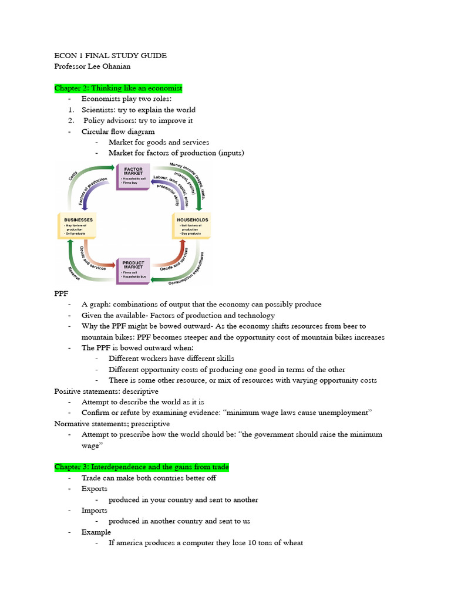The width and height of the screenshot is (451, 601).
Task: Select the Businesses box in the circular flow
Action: pyautogui.click(x=76, y=226)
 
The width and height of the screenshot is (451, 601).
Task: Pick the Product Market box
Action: pyautogui.click(x=134, y=271)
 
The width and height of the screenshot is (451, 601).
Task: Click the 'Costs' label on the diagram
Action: pyautogui.click(x=73, y=175)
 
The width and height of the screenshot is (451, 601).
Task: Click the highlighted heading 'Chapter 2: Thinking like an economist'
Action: pyautogui.click(x=119, y=88)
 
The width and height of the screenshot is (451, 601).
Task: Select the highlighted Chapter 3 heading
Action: pyautogui.click(x=142, y=467)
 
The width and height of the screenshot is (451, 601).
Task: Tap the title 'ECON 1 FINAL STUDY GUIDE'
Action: pyautogui.click(x=110, y=56)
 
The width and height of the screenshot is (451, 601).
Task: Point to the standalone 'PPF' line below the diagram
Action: pyautogui.click(x=62, y=294)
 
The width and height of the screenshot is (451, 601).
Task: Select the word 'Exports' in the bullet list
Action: pyautogui.click(x=95, y=489)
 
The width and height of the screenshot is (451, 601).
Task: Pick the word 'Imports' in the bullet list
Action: pyautogui.click(x=95, y=511)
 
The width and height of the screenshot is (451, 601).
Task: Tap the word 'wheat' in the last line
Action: pyautogui.click(x=292, y=543)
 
